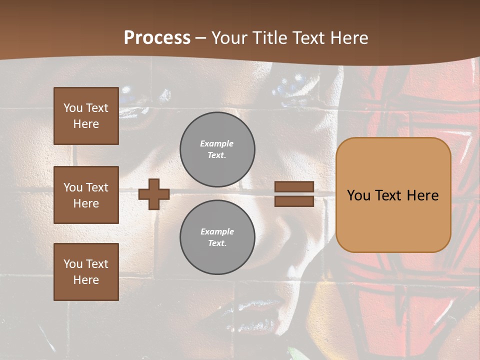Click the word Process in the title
coord(157,38)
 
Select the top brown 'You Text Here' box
coord(86,116)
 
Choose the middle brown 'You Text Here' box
coord(86,195)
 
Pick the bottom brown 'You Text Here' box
coord(86,271)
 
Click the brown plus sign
coord(154,194)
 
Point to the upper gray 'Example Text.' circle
coord(217,149)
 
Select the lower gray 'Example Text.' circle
coord(217,237)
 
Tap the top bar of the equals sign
coord(294,187)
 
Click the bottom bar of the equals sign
coord(294,201)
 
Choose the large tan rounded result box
coord(393,220)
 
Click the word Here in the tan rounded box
coord(422,195)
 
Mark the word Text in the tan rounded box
coord(387,195)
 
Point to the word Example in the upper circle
coord(217,143)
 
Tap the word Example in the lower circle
coord(217,231)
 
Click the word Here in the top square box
coord(86,124)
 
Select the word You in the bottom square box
coord(73,264)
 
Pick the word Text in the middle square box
coord(97,187)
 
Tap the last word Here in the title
coord(350,38)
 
